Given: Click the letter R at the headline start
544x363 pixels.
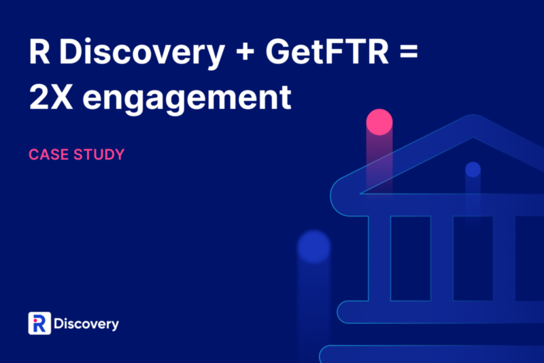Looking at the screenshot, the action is (x=39, y=51).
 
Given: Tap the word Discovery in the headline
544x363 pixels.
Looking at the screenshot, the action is (x=142, y=53).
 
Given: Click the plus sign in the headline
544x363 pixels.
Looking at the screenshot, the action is (x=245, y=53).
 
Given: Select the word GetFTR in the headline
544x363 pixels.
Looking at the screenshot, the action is (x=327, y=51).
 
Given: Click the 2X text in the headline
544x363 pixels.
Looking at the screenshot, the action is (x=51, y=97).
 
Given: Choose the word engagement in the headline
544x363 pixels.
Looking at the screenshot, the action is (x=187, y=99).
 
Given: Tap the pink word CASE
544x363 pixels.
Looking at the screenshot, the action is (x=48, y=155).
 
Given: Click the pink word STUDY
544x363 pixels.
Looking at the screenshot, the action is (x=99, y=155).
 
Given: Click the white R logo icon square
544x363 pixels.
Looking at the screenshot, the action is (x=39, y=323).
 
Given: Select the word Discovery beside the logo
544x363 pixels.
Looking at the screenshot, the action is (x=86, y=323).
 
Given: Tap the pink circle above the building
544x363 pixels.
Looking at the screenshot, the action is (x=379, y=122).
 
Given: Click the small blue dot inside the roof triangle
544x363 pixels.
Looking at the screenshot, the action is (x=473, y=170).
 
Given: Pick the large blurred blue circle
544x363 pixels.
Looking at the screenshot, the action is (x=314, y=247).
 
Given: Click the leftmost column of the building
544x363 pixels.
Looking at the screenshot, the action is (x=379, y=258).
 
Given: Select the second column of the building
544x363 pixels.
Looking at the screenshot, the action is (x=442, y=258).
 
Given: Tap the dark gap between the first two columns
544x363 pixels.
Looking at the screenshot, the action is (x=411, y=258).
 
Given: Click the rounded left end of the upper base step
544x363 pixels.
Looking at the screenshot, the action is (x=343, y=312).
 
